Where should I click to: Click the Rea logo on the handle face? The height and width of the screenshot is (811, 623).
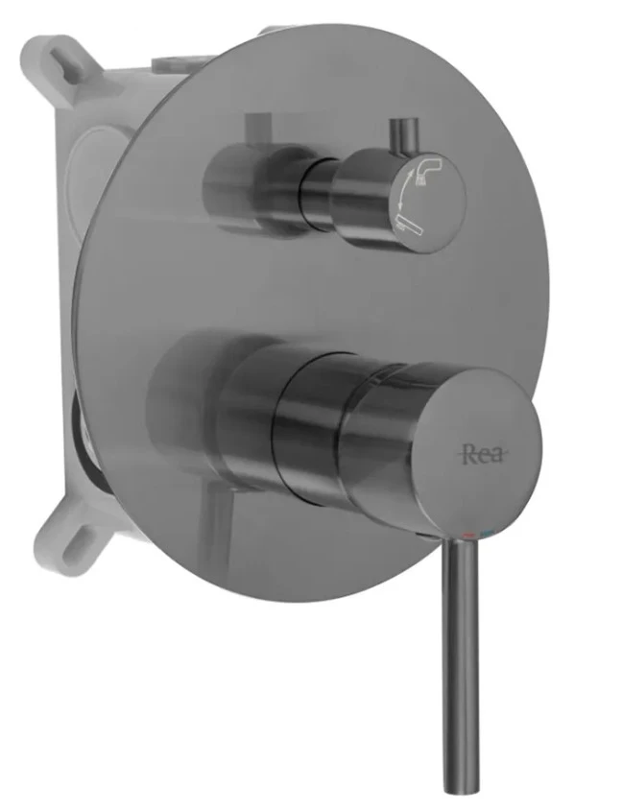point(482,454)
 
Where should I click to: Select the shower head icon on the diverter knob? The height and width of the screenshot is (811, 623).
point(427,170)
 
